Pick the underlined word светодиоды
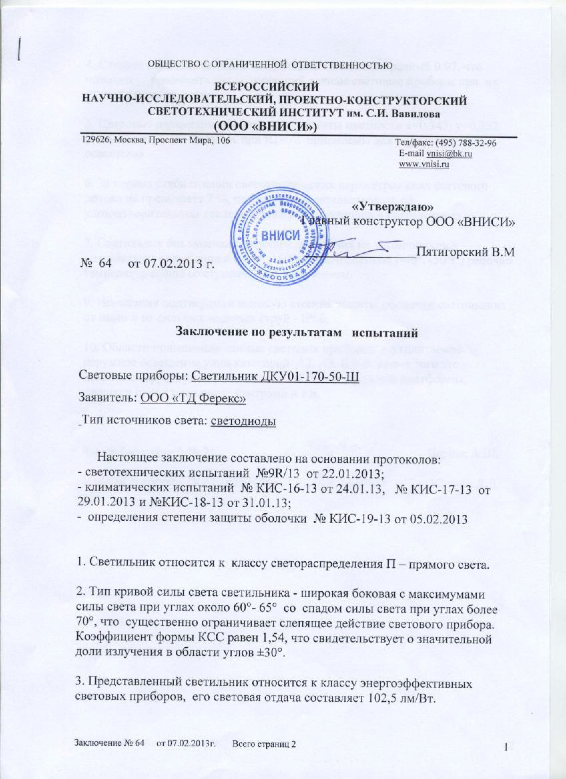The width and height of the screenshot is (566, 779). click(x=243, y=421)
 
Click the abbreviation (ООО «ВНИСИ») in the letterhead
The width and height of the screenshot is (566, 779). click(x=265, y=127)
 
